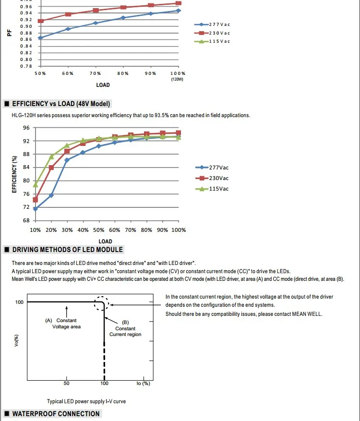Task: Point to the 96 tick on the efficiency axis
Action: [x=26, y=128]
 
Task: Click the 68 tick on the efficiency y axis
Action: [x=26, y=221]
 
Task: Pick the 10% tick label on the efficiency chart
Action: [x=36, y=230]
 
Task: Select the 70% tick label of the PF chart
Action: [x=95, y=73]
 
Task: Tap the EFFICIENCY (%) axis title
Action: [x=14, y=173]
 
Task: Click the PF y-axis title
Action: [x=10, y=33]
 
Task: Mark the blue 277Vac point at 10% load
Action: [x=36, y=209]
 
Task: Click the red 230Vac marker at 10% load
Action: [x=36, y=200]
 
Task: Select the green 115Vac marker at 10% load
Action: [x=36, y=184]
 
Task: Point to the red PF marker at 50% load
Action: [x=40, y=21]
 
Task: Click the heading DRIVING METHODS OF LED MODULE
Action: [x=68, y=250]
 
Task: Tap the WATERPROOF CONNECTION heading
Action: [x=56, y=414]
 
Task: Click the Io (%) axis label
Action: [x=143, y=383]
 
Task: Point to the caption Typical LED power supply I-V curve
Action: [x=86, y=401]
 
